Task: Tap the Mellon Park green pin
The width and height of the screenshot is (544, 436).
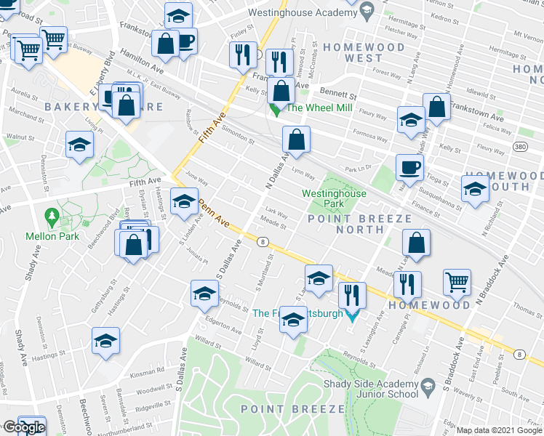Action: point(52,217)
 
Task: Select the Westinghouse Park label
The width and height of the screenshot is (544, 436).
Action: point(335,199)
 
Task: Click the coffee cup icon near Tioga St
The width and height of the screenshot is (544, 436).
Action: point(409,167)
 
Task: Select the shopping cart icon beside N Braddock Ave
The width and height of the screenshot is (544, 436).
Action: point(457,281)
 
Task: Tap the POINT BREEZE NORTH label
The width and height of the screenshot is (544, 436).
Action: point(345,224)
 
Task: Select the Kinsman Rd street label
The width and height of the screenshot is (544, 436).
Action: point(148,371)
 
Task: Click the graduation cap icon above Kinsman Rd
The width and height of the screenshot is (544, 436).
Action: point(105,340)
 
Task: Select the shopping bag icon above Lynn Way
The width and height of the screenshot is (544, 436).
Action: point(297,139)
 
